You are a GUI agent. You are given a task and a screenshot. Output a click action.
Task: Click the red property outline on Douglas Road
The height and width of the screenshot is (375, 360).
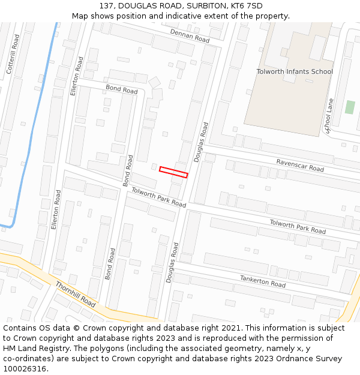coord(173,172)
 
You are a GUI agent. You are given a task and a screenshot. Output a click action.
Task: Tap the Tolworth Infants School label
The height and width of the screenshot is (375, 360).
coord(294,71)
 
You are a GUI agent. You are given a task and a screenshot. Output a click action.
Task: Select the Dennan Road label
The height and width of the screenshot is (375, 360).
coord(190,35)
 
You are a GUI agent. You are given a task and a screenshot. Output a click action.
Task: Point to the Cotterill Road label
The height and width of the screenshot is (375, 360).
coord(13,54)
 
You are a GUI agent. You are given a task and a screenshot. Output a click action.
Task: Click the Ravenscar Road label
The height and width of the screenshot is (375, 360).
coord(300,165)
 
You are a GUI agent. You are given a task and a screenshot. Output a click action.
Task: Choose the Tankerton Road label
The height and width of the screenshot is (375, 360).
coord(263,280)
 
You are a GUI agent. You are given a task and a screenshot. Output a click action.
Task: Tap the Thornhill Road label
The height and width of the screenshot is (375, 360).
coord(76,294)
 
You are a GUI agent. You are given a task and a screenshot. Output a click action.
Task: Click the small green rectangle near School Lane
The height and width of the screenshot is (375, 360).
coord(350,107)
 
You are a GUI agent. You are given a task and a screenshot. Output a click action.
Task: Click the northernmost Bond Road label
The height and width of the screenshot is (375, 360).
coord(122,90)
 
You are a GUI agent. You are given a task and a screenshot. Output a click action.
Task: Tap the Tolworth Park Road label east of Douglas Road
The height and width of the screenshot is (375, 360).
coord(298,227)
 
